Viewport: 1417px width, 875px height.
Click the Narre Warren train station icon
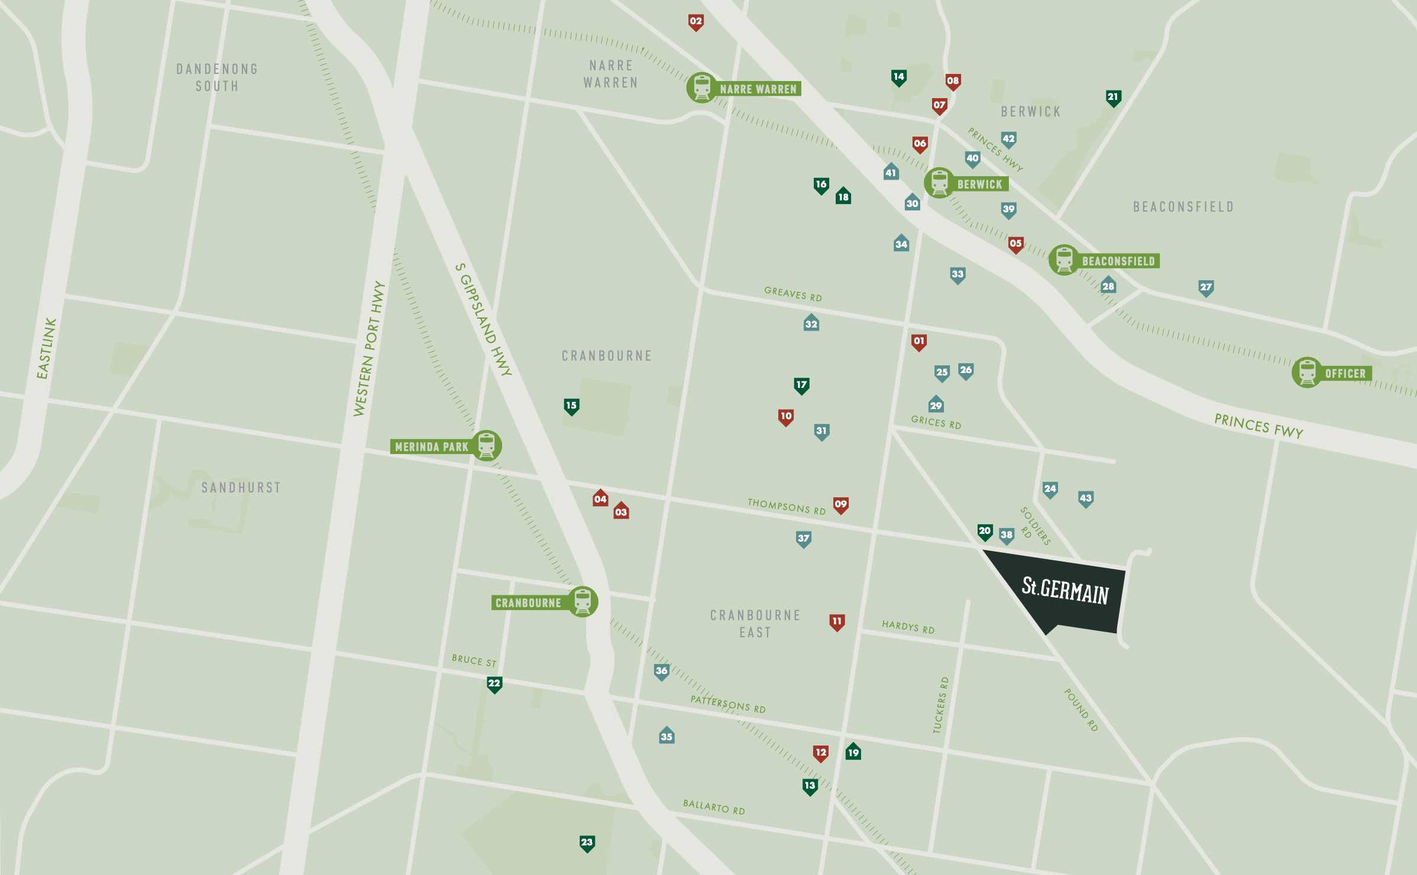point(701,87)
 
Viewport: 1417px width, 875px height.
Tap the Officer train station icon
point(1306,372)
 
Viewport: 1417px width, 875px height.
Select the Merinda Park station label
point(432,447)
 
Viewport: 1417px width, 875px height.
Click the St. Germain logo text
point(1065,590)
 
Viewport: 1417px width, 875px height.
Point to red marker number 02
point(695,22)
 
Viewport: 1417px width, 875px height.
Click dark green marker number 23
point(587,842)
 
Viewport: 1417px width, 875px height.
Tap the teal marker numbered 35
point(667,735)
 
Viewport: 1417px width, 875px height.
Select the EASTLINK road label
point(46,348)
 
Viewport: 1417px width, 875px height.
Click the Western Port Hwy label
point(369,349)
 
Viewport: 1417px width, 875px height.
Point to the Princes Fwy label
point(1258,426)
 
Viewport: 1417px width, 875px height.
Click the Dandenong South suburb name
point(217,77)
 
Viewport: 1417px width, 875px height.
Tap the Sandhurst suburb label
point(241,488)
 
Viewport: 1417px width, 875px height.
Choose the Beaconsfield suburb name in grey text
point(1183,207)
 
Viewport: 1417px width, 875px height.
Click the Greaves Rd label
point(792,294)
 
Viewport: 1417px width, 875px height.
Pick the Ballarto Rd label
point(713,807)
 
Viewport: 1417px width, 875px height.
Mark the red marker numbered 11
point(836,621)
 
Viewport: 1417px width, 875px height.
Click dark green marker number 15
point(571,406)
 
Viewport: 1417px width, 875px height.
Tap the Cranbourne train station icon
point(583,602)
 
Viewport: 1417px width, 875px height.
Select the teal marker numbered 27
point(1205,287)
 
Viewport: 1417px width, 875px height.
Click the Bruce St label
point(474,660)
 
